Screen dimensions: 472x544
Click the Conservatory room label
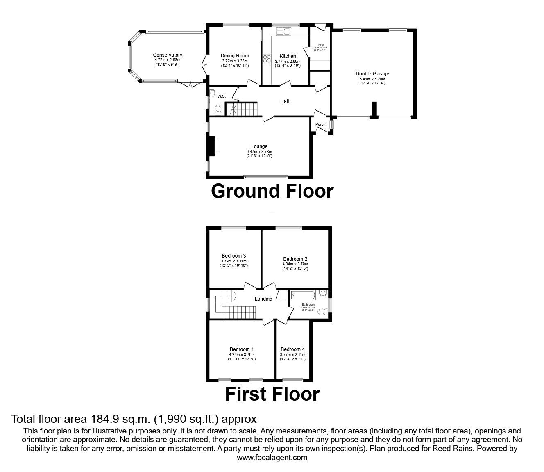(x=167, y=55)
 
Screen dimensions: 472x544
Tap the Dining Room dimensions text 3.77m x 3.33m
(x=235, y=61)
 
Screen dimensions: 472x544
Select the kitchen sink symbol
(x=283, y=31)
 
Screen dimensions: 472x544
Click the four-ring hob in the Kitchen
(x=267, y=59)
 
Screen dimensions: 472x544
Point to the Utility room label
(x=320, y=45)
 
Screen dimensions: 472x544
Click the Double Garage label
(x=372, y=74)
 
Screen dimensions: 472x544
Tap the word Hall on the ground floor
(x=284, y=101)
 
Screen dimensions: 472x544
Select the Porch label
(x=320, y=125)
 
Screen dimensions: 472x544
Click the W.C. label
(x=221, y=96)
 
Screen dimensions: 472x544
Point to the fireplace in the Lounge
(x=212, y=146)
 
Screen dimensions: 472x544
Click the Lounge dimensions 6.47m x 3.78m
(x=259, y=151)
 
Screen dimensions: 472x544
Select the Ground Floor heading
(x=272, y=191)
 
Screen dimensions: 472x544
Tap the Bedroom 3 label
(x=233, y=256)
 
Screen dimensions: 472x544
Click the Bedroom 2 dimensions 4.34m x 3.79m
(x=295, y=264)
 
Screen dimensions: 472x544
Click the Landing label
(x=263, y=299)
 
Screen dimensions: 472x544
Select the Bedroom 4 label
(x=292, y=349)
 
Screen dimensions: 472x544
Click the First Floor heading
(x=272, y=394)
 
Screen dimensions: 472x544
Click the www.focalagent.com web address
(x=272, y=458)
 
